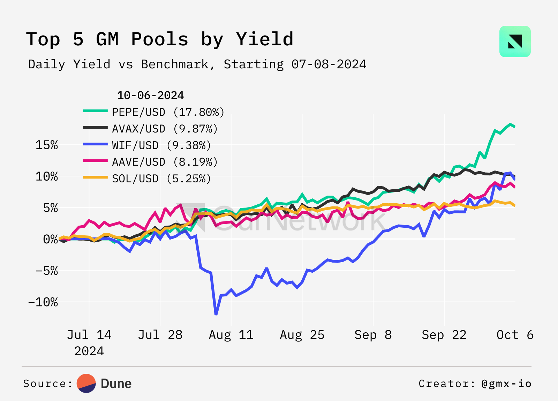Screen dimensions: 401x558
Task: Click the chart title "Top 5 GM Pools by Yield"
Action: [160, 39]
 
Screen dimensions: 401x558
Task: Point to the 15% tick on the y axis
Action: [47, 145]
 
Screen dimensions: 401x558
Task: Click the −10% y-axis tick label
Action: [43, 302]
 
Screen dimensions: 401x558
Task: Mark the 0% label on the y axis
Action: [51, 239]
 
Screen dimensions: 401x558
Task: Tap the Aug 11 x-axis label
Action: [231, 335]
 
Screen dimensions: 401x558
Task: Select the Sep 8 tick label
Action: [373, 335]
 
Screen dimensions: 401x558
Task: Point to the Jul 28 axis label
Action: [160, 335]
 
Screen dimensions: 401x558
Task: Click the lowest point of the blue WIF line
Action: [216, 314]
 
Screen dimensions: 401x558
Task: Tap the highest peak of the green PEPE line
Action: [510, 124]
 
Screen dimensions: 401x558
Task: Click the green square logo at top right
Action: [515, 41]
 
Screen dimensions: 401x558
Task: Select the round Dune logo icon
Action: [86, 384]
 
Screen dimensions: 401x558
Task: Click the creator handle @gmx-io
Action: [506, 384]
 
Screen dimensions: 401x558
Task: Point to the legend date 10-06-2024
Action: [150, 95]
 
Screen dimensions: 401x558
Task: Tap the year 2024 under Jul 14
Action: [89, 351]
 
